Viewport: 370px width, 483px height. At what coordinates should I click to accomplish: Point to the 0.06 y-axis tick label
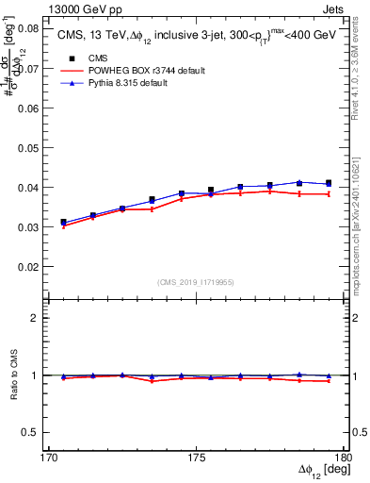point(30,108)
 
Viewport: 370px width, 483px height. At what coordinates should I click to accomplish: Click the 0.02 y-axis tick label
point(30,266)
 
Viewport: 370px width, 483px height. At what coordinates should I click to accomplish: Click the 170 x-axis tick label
point(48,458)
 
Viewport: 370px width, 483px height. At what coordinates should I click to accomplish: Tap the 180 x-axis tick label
point(344,458)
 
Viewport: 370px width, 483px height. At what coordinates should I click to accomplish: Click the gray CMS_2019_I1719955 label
point(195,282)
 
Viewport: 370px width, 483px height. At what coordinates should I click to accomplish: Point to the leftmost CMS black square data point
point(63,223)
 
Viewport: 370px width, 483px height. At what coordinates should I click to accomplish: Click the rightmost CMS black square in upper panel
point(329,183)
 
